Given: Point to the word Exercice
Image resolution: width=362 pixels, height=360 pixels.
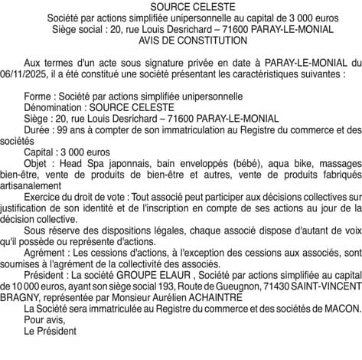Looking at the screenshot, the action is click(x=44, y=196).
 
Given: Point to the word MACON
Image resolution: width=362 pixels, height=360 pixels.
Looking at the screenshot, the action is click(x=342, y=310).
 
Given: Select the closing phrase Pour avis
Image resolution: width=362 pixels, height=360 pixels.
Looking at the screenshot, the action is click(x=44, y=321).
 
